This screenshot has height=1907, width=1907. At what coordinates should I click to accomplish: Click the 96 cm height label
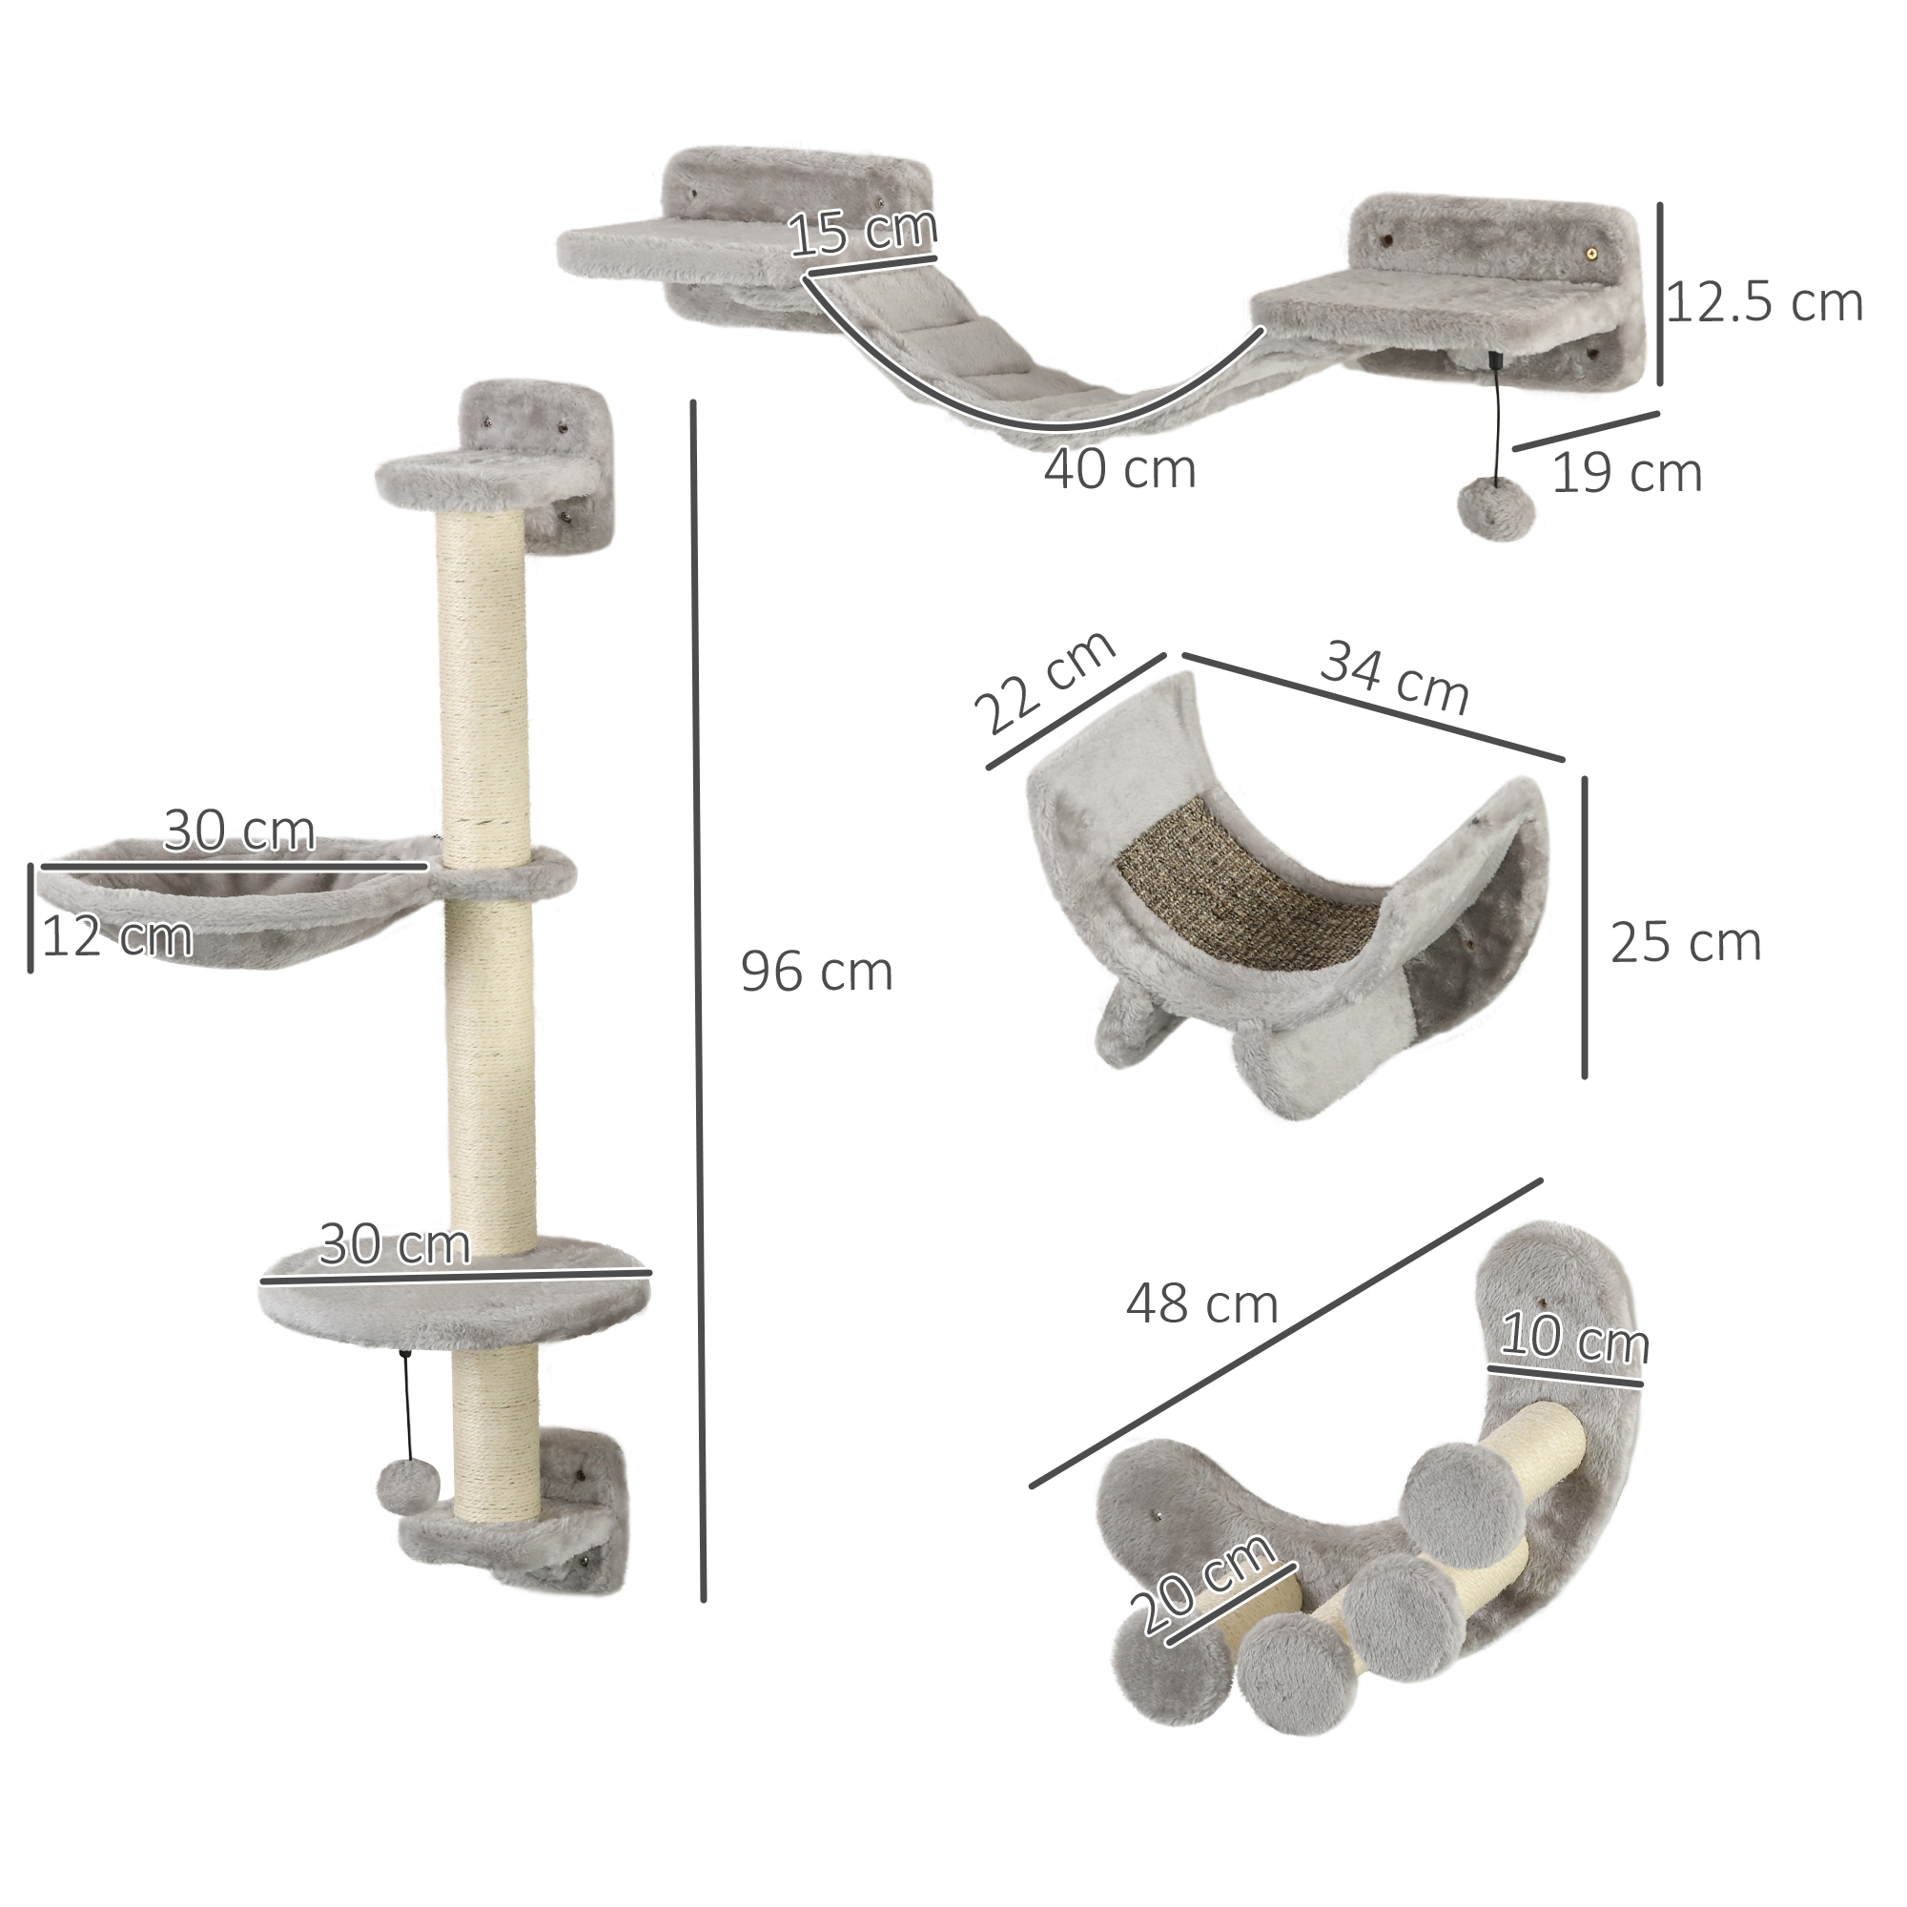(x=816, y=973)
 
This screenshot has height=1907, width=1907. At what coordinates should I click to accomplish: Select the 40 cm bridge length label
(x=1119, y=469)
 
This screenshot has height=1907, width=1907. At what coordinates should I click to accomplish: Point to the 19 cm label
(x=1628, y=473)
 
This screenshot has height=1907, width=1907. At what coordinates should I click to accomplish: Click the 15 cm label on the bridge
(x=863, y=232)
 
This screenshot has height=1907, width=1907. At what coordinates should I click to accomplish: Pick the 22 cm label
(x=1044, y=681)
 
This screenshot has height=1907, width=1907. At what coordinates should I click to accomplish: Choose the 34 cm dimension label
(x=1395, y=676)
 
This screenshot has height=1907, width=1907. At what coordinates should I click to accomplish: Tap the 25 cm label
(x=1686, y=943)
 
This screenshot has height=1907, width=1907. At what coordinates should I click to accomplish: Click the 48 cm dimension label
(x=1202, y=1305)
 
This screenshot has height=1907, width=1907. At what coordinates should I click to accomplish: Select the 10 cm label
(x=1573, y=1340)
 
